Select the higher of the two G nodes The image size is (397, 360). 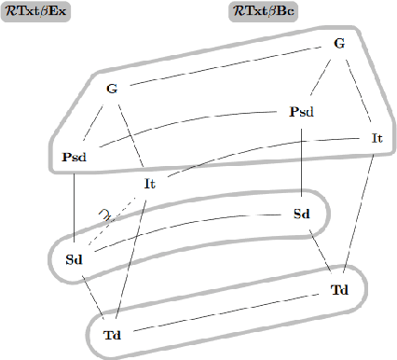[338, 43]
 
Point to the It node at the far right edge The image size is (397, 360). [377, 138]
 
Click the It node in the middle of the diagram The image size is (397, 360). [150, 184]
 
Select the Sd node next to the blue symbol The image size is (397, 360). [75, 258]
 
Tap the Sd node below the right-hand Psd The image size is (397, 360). [301, 214]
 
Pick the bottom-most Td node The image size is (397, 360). [113, 334]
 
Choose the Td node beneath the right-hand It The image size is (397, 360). [340, 289]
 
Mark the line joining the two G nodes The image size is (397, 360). [225, 66]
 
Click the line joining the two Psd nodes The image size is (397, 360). [186, 134]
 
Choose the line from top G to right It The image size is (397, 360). [358, 90]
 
